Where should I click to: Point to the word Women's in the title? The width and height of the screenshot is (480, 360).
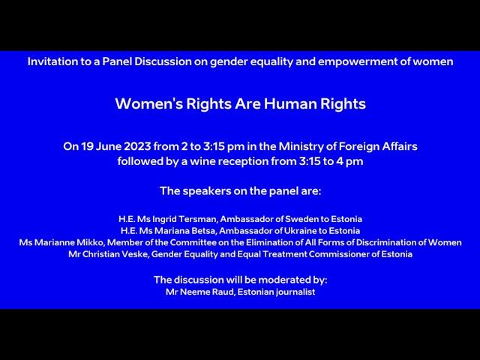pyautogui.click(x=149, y=103)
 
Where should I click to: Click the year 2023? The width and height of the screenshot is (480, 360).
pyautogui.click(x=137, y=146)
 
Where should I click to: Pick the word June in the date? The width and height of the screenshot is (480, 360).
pyautogui.click(x=109, y=146)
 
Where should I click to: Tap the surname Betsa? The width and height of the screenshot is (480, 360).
pyautogui.click(x=204, y=231)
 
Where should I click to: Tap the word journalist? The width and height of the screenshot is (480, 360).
pyautogui.click(x=295, y=292)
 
